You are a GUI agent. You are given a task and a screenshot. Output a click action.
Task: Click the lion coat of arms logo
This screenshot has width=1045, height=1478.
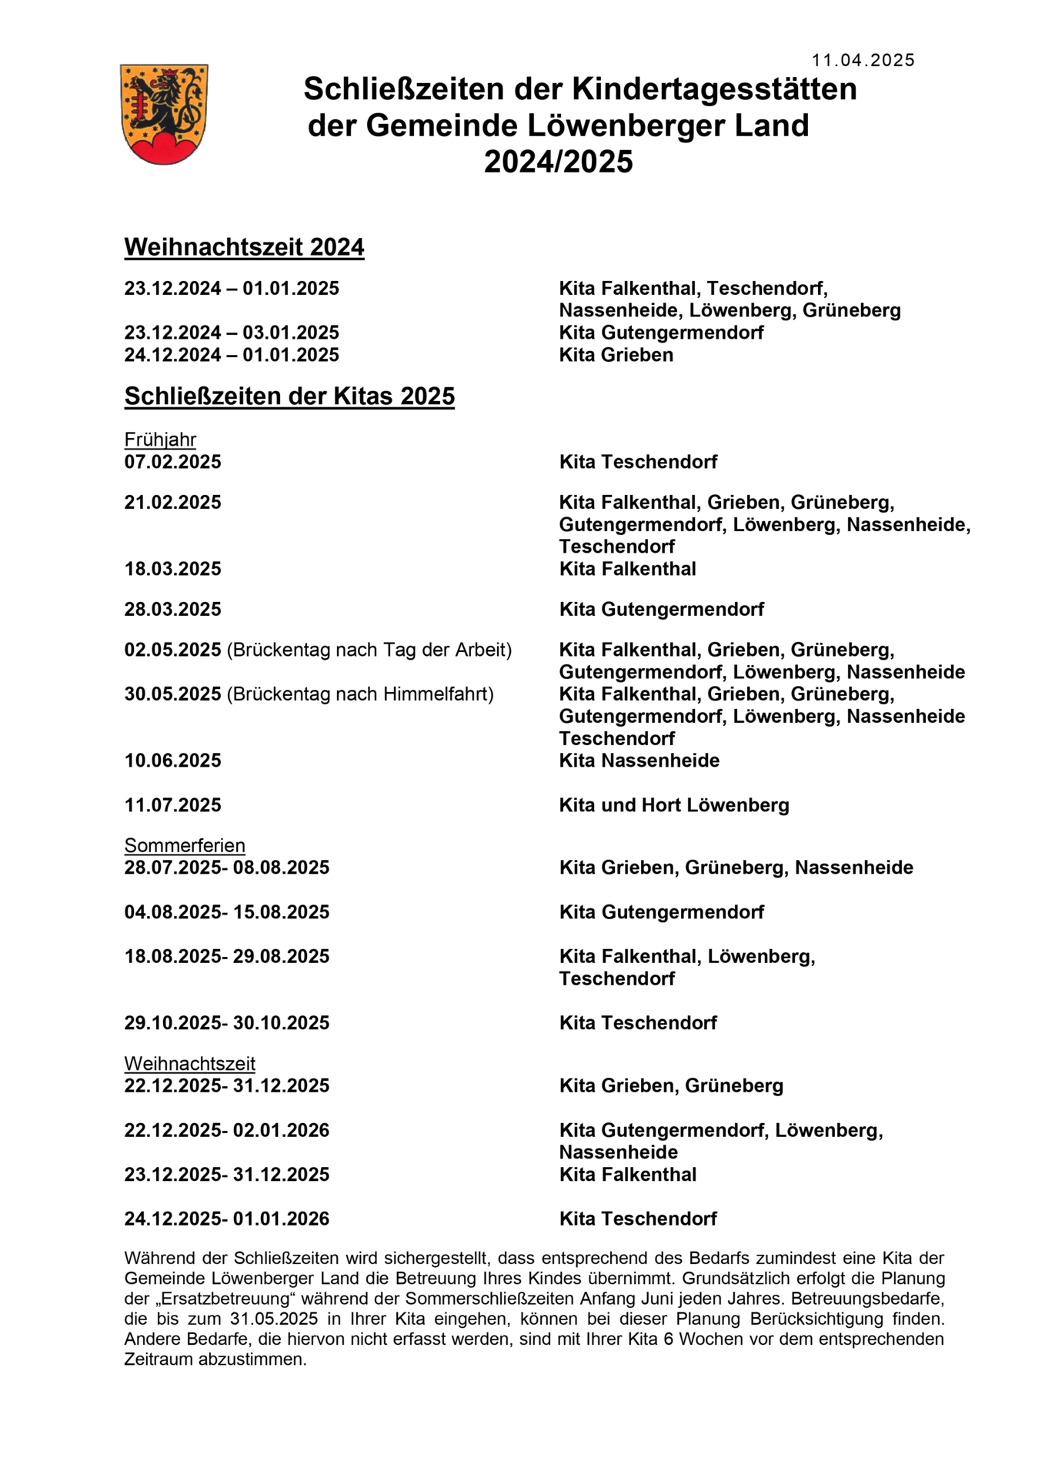tap(164, 114)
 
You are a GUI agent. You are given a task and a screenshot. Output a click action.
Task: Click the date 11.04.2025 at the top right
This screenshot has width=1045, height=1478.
tap(863, 61)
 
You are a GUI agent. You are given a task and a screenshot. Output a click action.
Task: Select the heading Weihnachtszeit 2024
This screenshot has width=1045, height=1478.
tap(244, 247)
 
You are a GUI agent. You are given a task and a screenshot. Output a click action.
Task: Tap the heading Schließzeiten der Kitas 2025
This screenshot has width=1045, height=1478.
tap(289, 396)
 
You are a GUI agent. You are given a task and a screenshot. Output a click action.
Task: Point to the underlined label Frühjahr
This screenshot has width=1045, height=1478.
tap(160, 440)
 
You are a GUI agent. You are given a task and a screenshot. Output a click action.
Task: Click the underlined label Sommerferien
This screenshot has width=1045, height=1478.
tap(185, 845)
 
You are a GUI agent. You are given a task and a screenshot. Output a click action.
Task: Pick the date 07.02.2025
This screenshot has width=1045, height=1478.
tap(172, 462)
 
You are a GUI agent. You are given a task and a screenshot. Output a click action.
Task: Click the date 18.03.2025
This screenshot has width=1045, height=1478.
tap(172, 569)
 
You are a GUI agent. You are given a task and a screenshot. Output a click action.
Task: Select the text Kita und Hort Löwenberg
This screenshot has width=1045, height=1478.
tap(674, 805)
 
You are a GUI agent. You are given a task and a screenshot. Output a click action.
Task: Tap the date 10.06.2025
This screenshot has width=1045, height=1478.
tap(172, 761)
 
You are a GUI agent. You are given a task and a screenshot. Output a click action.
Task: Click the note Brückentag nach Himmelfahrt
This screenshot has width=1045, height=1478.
tap(360, 694)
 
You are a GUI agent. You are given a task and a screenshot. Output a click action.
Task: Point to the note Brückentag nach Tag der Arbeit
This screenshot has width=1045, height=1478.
tap(369, 650)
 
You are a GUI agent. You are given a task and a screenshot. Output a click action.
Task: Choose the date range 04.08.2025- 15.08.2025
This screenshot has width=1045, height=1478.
tap(226, 912)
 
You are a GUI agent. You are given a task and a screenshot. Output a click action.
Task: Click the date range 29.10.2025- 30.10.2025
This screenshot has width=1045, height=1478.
tap(226, 1023)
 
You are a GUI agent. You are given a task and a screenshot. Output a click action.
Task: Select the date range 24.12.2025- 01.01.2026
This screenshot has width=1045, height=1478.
tap(226, 1219)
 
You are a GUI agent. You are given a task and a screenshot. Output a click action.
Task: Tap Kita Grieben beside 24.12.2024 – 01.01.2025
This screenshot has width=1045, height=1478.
tap(616, 355)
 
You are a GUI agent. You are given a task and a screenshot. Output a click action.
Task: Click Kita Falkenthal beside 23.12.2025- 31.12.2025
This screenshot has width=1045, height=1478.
tap(627, 1175)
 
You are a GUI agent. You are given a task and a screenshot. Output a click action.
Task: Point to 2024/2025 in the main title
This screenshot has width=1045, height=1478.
tap(558, 162)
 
